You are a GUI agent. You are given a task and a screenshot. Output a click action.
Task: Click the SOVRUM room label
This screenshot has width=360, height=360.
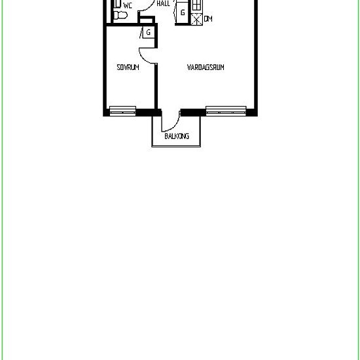pos(128,67)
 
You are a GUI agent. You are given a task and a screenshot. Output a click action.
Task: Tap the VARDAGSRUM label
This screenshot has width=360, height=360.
pos(206,67)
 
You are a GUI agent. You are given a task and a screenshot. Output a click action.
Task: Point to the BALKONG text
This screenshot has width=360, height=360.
pos(177,136)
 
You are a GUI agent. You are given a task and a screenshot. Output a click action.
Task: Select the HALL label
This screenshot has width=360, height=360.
pos(163,3)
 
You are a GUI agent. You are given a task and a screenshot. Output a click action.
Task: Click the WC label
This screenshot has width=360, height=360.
pos(128,5)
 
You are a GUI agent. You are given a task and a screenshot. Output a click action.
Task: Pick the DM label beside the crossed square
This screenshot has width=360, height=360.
pos(208,19)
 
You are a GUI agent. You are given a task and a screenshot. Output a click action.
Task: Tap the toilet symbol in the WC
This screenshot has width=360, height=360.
pos(120,16)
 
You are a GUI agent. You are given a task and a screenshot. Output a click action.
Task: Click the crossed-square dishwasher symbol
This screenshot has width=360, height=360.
pos(197,19)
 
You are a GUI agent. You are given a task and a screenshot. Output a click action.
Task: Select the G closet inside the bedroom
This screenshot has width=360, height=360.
pos(149,32)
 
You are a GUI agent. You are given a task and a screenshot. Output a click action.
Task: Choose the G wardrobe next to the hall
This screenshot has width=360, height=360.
pos(183,12)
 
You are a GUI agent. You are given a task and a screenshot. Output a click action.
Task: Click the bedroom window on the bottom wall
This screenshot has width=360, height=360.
pos(122,111)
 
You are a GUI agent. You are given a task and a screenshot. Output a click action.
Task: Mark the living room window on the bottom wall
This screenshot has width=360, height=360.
pos(226,111)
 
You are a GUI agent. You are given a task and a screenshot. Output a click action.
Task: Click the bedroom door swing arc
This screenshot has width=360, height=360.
pos(143,58)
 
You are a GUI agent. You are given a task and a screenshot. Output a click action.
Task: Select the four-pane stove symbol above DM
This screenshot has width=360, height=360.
pos(197,5)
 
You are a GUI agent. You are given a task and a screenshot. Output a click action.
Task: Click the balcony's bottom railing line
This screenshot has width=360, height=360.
pos(176,146)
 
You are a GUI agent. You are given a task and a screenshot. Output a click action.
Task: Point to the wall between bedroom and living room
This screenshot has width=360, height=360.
pos(156,86)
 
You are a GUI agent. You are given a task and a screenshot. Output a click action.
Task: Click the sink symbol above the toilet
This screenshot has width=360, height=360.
pos(117,3)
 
